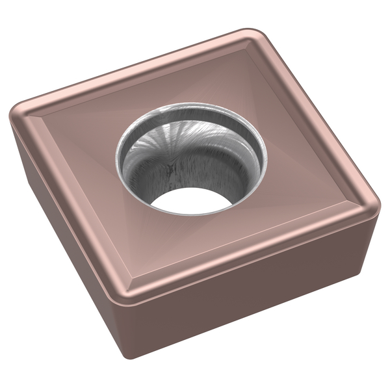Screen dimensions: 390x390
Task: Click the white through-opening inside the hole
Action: click(192, 201)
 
